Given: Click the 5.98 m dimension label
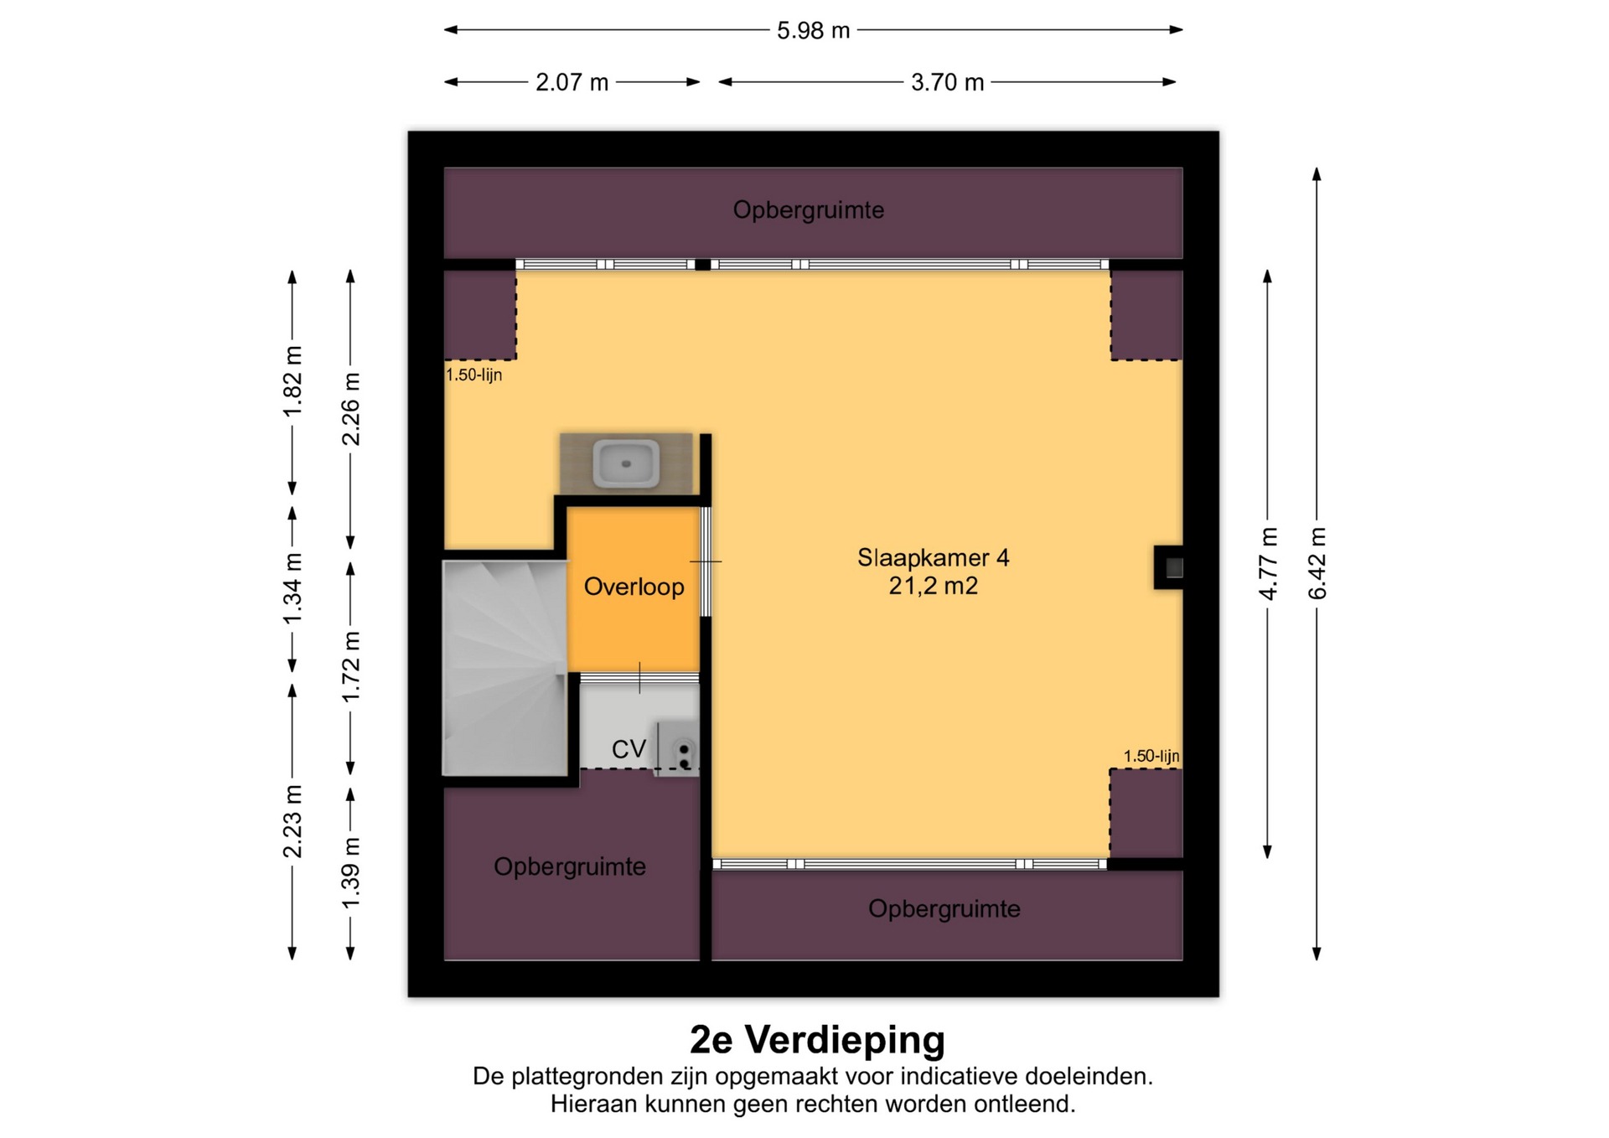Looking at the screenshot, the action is pyautogui.click(x=813, y=31).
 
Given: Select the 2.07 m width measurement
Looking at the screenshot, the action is pyautogui.click(x=572, y=83).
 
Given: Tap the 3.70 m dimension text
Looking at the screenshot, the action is pyautogui.click(x=947, y=83).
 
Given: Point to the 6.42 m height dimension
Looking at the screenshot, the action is pyautogui.click(x=1317, y=562).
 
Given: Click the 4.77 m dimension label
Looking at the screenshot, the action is pyautogui.click(x=1268, y=562).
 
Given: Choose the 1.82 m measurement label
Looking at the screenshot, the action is pyautogui.click(x=292, y=380).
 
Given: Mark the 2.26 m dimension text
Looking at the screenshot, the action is pyautogui.click(x=351, y=409).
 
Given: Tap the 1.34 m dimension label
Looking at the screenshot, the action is pyautogui.click(x=292, y=588).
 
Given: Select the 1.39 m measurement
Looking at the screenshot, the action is pyautogui.click(x=351, y=872).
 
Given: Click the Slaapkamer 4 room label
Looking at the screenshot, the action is pyautogui.click(x=933, y=557).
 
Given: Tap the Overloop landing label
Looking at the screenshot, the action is pyautogui.click(x=634, y=587).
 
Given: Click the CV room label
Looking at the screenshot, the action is pyautogui.click(x=629, y=749).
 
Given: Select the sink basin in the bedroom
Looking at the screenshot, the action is pyautogui.click(x=626, y=463).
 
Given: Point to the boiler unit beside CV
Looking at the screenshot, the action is pyautogui.click(x=677, y=747).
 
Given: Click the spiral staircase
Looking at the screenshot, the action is pyautogui.click(x=505, y=668).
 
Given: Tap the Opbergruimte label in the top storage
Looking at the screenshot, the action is pyautogui.click(x=809, y=209).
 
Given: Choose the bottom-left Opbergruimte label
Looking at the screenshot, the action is pyautogui.click(x=570, y=866).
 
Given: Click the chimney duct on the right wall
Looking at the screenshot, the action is pyautogui.click(x=1170, y=567).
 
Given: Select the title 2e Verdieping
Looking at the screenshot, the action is pyautogui.click(x=817, y=1040).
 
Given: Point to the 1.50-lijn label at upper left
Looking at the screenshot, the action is pyautogui.click(x=473, y=375).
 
